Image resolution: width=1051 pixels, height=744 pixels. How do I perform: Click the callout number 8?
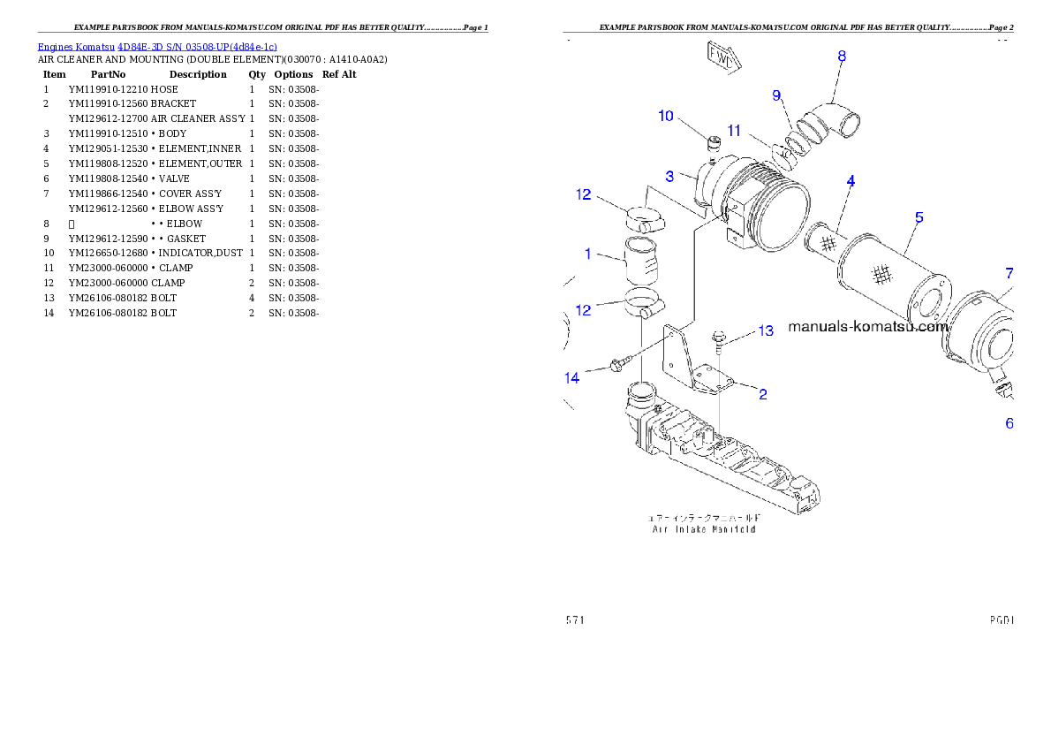coord(842,57)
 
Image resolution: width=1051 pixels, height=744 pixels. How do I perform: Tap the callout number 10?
coord(666,116)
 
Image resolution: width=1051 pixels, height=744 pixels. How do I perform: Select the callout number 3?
coord(670,176)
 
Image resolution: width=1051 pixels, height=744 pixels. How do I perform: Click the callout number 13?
coord(765,330)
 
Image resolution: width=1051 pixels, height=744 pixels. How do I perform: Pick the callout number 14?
coord(572,378)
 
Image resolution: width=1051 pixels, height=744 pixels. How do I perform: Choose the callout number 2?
coord(761,394)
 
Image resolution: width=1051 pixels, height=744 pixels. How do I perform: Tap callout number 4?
coord(851,181)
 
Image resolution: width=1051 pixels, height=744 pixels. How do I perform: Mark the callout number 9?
coord(776,95)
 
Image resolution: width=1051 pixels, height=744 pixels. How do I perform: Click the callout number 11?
coord(734,131)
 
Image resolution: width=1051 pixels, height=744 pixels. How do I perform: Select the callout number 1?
coord(587,254)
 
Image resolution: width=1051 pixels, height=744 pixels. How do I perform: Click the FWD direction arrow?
coord(722,56)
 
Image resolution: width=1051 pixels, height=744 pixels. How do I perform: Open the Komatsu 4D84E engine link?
coord(157,46)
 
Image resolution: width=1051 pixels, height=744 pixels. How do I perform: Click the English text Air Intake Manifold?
coord(703,529)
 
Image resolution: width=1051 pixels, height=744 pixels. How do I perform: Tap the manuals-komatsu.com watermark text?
coord(866,326)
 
